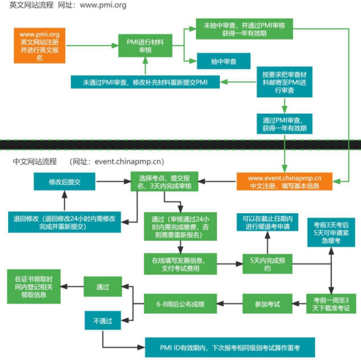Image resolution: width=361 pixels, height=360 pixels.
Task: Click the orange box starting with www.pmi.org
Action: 40,46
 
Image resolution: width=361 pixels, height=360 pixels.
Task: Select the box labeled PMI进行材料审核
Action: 145,46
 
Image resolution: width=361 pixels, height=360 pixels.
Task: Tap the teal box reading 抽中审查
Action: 224,61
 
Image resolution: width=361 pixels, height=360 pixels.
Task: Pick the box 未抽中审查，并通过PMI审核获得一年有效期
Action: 244,29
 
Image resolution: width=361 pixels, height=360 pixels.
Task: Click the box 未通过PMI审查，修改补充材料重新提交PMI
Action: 145,82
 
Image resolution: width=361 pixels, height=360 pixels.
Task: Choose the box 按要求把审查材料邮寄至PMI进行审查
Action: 284,82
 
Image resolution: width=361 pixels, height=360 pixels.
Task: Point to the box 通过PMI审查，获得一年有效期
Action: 284,124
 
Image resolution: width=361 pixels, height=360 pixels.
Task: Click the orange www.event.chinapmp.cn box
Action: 284,182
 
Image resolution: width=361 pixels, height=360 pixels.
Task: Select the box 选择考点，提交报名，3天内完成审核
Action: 164,182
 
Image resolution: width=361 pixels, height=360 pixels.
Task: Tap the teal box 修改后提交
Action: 65,182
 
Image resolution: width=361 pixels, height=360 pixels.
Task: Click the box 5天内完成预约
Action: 267,264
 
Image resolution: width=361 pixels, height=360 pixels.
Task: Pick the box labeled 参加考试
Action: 267,304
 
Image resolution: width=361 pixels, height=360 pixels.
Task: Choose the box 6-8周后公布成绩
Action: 180,304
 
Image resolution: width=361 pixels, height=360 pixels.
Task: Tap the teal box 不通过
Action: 103,320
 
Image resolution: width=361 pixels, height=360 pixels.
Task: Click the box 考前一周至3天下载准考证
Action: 331,304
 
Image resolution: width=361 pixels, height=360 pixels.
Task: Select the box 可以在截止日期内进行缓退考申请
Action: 267,222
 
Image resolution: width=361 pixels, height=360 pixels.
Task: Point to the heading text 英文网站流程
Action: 31,5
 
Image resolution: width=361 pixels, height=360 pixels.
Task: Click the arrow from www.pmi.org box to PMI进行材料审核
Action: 92,46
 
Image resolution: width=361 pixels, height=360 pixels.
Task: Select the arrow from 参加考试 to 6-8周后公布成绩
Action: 230,304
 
